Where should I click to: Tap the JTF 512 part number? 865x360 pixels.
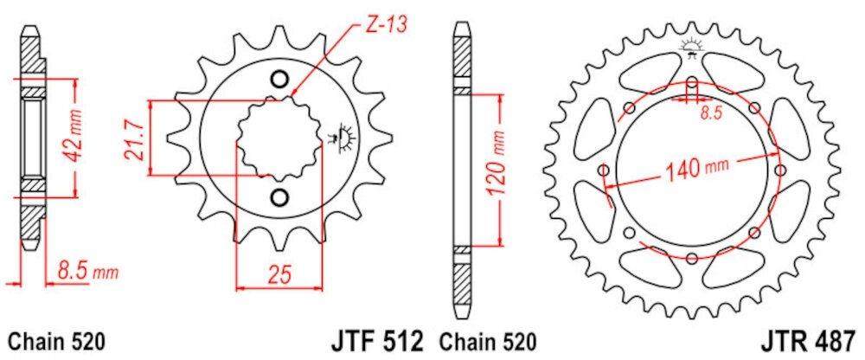[378, 341]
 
